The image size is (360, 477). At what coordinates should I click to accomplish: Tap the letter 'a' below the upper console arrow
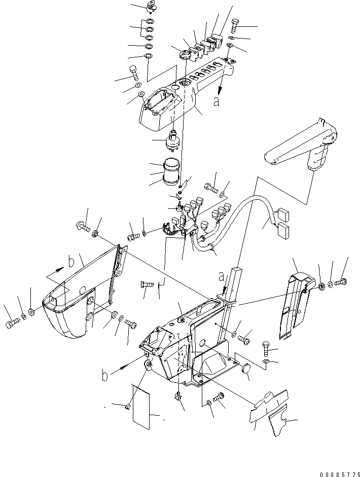point(217,101)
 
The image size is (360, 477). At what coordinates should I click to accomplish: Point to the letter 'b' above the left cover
point(71,262)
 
